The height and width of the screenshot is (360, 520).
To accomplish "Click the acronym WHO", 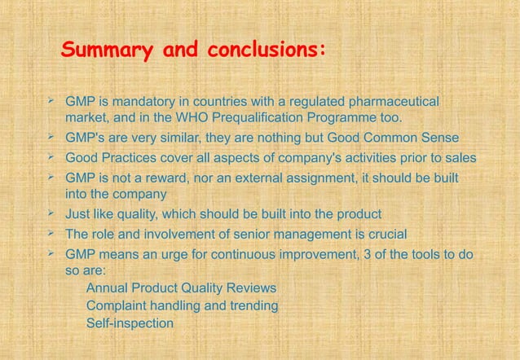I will pos(201,120).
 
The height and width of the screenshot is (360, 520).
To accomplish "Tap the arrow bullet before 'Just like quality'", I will pos(51,213).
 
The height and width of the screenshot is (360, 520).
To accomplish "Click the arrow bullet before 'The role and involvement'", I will pos(51,234).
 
